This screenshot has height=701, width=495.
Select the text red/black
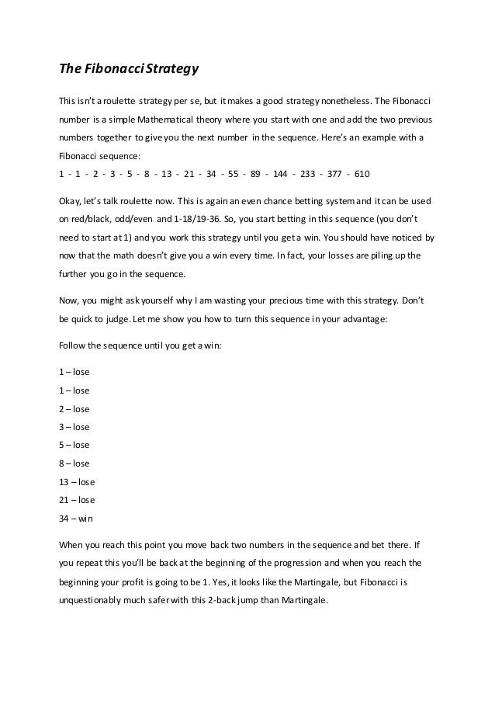(x=88, y=219)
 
